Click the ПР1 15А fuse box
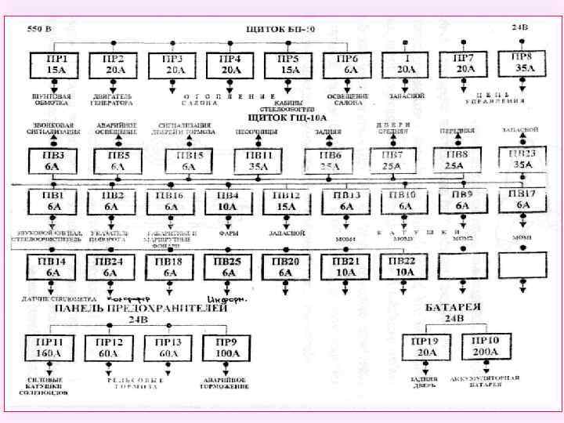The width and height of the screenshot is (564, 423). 52,64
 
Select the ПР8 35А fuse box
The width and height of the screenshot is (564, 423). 522,63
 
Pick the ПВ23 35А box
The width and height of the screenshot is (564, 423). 522,159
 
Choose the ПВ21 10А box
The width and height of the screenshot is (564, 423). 345,266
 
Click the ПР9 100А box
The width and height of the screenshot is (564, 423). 227,347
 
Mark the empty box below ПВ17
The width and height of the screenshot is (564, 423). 522,266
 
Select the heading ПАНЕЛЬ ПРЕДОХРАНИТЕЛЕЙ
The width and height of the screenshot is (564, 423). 141,309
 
